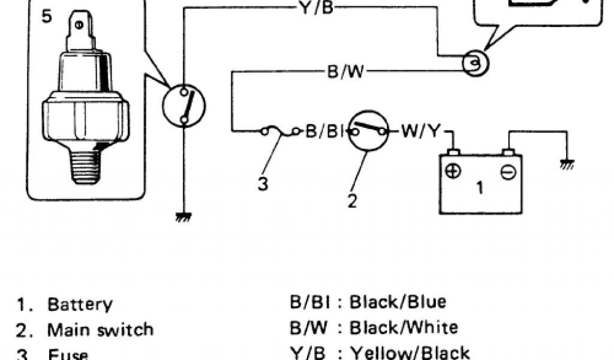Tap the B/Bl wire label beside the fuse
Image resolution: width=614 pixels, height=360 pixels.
(x=324, y=131)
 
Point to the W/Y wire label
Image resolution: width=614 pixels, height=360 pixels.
(x=419, y=131)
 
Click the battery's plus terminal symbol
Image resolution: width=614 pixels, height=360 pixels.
(x=453, y=171)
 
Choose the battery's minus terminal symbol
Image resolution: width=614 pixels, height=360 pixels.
(x=507, y=172)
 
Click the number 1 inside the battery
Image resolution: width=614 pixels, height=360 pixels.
(x=480, y=188)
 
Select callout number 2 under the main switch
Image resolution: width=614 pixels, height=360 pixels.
(x=352, y=201)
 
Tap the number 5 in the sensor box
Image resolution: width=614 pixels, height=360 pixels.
(x=47, y=16)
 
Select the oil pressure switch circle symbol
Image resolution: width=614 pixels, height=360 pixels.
(x=183, y=106)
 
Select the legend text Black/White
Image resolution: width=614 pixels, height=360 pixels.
(x=404, y=327)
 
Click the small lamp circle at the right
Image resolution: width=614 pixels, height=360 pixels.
(x=476, y=62)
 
